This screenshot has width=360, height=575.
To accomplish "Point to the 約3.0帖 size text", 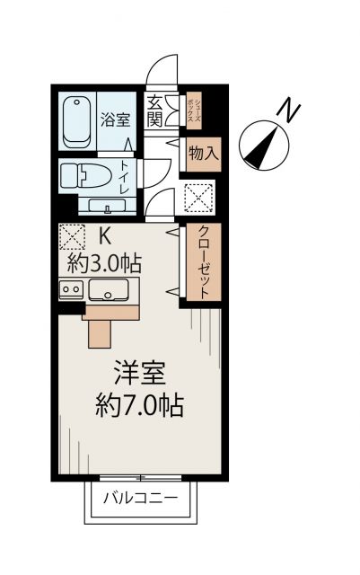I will coord(104,264).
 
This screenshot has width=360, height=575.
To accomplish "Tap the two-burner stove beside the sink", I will coord(70,289).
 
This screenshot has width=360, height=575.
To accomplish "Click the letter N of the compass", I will coord(287,111).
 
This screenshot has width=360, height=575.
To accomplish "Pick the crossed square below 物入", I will coord(198,195).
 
